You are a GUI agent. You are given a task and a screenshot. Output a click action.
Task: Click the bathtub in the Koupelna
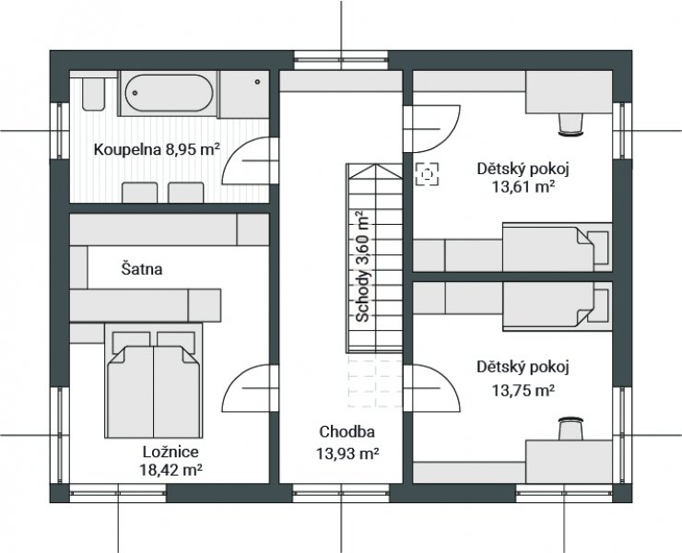169,93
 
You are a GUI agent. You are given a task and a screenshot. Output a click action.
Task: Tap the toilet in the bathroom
93,94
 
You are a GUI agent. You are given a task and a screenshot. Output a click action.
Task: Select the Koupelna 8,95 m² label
157,149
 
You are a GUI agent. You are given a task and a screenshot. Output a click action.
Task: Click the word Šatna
142,269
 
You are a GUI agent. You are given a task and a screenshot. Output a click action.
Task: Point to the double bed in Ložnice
154,381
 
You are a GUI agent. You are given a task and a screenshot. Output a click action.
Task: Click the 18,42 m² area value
170,470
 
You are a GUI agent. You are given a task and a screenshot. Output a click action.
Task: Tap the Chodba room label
347,431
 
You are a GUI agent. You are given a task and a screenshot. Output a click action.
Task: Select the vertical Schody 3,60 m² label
362,266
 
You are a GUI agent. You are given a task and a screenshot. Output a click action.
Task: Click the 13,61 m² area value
523,187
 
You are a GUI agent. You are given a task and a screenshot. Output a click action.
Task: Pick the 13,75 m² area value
523,391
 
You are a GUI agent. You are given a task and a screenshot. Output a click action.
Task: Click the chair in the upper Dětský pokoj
570,124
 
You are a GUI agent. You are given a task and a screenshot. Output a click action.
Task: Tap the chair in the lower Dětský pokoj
570,429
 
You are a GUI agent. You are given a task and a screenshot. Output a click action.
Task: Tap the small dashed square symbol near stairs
427,174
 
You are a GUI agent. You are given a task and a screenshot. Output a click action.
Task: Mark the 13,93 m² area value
347,453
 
